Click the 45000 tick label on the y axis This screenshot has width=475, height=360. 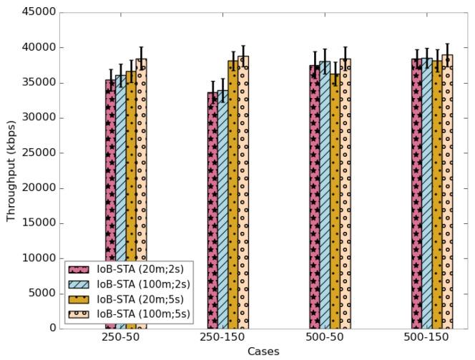(x=39, y=13)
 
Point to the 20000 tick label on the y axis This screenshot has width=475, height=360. (x=39, y=188)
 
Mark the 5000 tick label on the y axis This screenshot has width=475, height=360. (x=41, y=293)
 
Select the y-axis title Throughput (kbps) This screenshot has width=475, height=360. (x=11, y=170)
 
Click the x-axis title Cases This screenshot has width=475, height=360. (x=263, y=351)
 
